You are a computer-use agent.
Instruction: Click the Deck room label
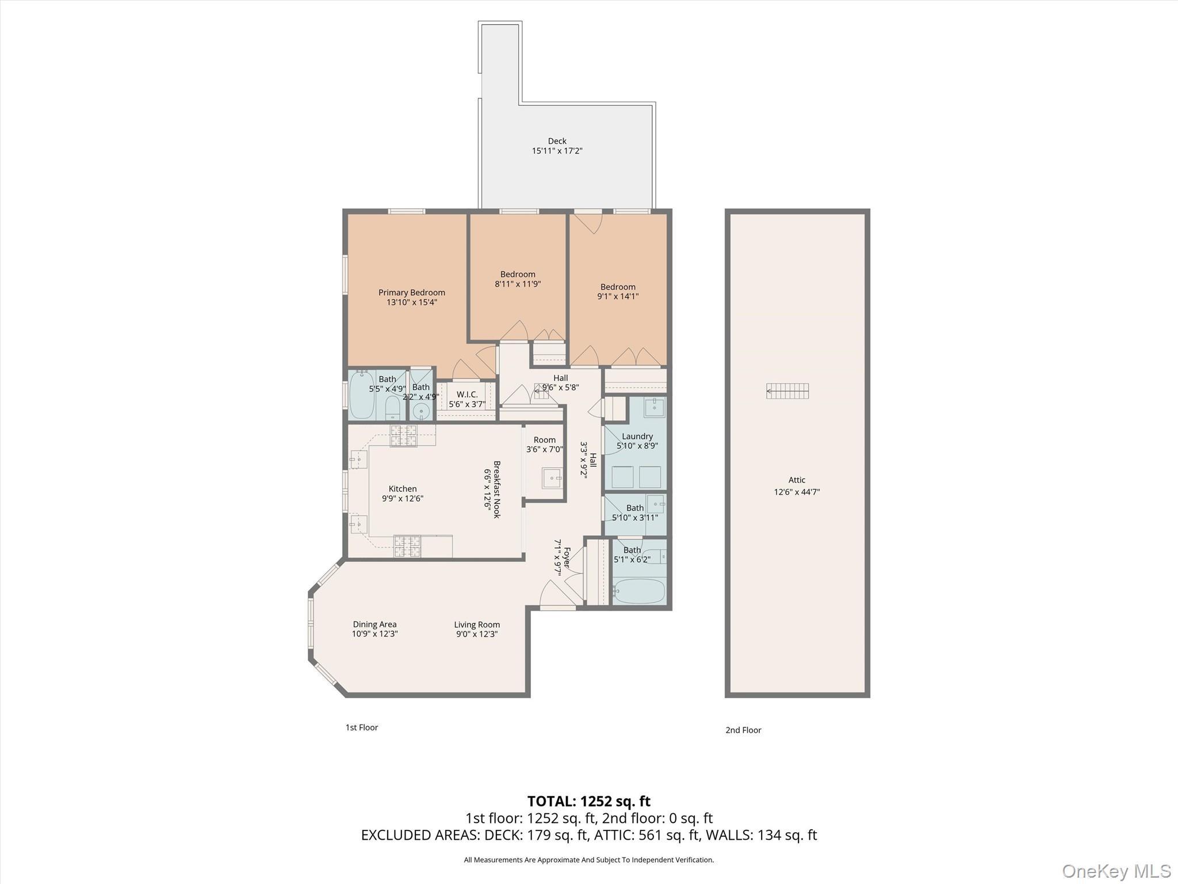(557, 141)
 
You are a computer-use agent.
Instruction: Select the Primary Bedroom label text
(411, 292)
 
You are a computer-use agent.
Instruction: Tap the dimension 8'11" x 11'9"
(518, 284)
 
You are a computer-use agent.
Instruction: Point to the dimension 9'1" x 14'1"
(618, 296)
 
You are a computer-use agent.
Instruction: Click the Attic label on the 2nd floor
(797, 480)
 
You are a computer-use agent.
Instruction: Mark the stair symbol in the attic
(787, 391)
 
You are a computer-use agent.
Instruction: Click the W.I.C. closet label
(467, 394)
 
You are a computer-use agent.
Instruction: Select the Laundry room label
(637, 436)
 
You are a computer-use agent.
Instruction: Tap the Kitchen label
(403, 489)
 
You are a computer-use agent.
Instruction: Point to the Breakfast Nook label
(497, 489)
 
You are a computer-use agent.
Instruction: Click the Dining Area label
(374, 624)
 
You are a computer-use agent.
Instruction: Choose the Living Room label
(477, 624)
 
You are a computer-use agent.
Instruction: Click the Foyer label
(567, 558)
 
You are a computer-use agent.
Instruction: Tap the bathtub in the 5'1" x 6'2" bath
(639, 591)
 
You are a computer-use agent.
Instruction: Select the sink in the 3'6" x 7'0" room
(552, 478)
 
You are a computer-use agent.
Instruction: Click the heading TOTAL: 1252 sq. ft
(588, 801)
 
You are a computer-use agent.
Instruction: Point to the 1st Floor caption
(361, 727)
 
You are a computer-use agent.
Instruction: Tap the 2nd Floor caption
(743, 730)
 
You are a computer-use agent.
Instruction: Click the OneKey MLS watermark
(1116, 871)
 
